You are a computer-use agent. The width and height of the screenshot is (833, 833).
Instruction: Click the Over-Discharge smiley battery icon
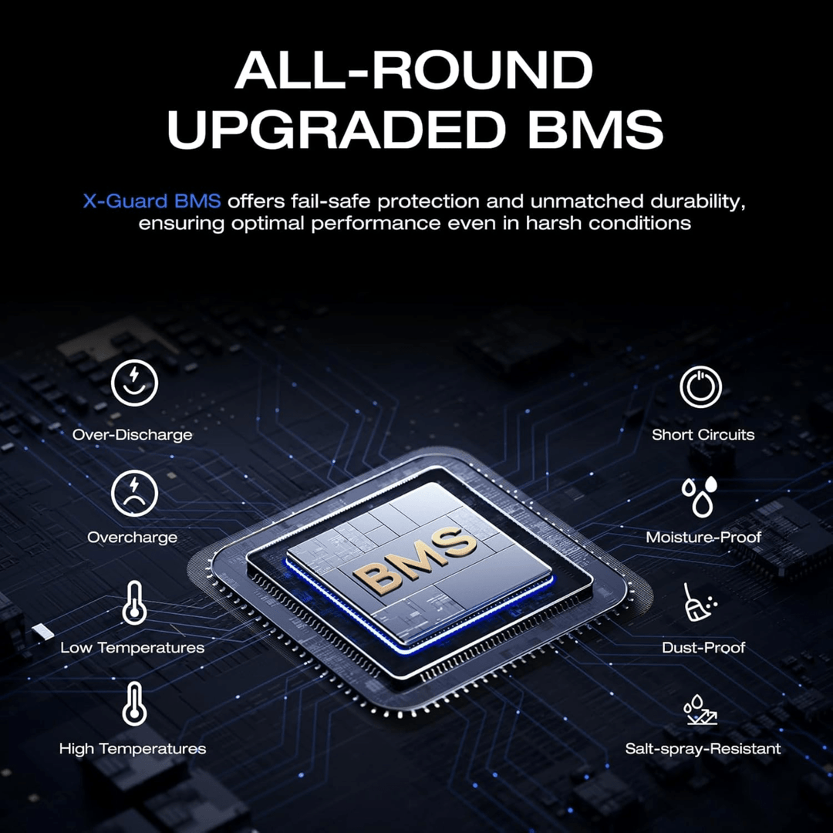[134, 383]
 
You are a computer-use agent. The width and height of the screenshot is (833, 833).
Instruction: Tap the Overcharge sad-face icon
[134, 493]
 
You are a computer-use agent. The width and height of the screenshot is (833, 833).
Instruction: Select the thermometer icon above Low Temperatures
[134, 603]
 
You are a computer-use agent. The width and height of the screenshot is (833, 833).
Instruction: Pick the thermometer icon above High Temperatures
[134, 704]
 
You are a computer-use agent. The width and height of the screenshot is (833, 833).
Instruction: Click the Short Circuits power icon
[700, 386]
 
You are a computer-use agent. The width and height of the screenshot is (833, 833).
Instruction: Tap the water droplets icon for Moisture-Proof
[700, 496]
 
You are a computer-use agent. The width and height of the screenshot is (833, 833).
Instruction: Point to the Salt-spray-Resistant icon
[700, 709]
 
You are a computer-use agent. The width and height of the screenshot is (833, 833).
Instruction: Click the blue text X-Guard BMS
[151, 201]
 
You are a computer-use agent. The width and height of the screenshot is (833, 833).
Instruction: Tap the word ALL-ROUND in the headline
[414, 70]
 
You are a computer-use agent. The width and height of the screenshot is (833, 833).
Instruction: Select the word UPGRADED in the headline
[336, 129]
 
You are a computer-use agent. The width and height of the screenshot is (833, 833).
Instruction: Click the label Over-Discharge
[133, 434]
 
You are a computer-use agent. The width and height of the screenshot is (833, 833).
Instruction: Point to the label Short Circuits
[703, 434]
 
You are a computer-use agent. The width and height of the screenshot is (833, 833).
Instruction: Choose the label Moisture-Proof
[703, 537]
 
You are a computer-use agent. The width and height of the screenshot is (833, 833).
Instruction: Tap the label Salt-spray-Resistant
[703, 748]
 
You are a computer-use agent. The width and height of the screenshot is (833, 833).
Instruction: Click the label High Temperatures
[133, 748]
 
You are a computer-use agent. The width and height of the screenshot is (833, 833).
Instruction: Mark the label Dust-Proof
[703, 647]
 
